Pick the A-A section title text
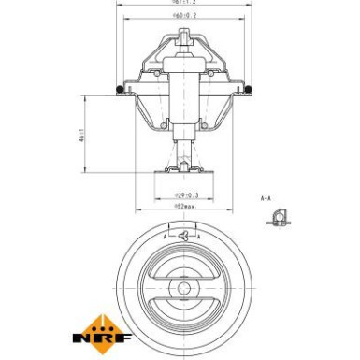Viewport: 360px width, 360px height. click(x=266, y=199)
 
